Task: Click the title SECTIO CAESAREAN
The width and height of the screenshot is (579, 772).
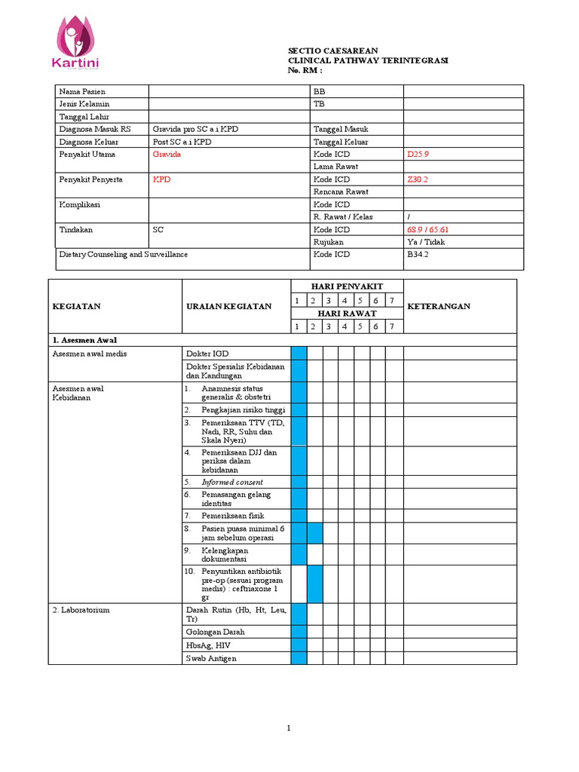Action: pyautogui.click(x=332, y=50)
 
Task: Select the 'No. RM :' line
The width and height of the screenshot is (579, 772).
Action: pyautogui.click(x=305, y=70)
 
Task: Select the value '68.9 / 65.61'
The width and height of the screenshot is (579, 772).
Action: pyautogui.click(x=433, y=230)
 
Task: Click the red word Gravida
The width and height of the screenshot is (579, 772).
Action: pyautogui.click(x=167, y=154)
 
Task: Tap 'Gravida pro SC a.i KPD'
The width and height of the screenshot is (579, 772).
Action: pyautogui.click(x=195, y=130)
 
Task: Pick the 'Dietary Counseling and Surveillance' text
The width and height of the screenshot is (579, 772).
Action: pyautogui.click(x=124, y=255)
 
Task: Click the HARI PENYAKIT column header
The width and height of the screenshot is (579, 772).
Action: pyautogui.click(x=347, y=286)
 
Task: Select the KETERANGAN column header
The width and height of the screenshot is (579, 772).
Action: pyautogui.click(x=439, y=306)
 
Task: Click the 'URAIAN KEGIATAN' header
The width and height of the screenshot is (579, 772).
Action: pyautogui.click(x=228, y=306)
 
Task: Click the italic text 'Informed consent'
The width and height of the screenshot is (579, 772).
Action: pyautogui.click(x=232, y=482)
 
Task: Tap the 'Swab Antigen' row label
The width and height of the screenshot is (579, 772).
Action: pyautogui.click(x=211, y=658)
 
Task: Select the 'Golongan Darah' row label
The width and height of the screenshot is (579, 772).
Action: pyautogui.click(x=215, y=632)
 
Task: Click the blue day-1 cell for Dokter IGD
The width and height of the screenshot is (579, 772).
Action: pyautogui.click(x=299, y=353)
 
